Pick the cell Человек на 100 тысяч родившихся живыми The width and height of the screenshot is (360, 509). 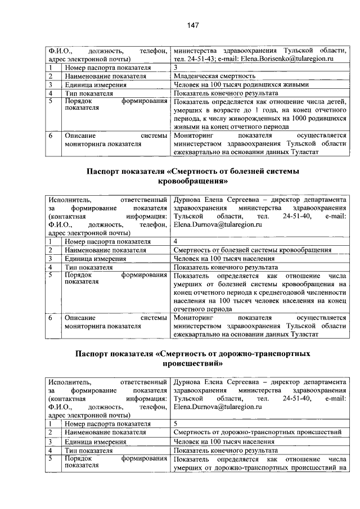[x=241, y=85]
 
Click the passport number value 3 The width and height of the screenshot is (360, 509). [x=176, y=67]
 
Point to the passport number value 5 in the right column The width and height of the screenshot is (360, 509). [x=176, y=423]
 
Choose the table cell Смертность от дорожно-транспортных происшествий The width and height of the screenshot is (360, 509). [x=258, y=432]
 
